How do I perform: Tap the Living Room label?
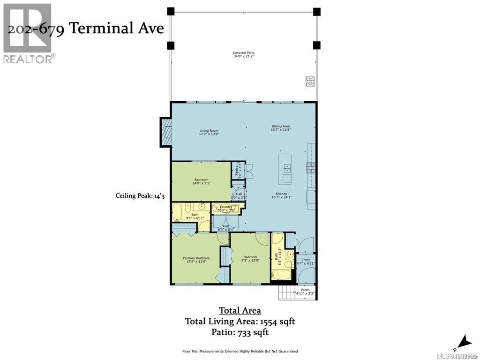pyautogui.click(x=209, y=132)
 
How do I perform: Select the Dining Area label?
pyautogui.click(x=280, y=127)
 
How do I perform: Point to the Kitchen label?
pyautogui.click(x=281, y=195)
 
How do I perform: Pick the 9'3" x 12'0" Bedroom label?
pyautogui.click(x=250, y=259)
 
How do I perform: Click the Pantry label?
pyautogui.click(x=238, y=169)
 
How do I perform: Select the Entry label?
pyautogui.click(x=306, y=262)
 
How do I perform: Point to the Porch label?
pyautogui.click(x=305, y=292)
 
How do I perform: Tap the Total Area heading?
pyautogui.click(x=240, y=310)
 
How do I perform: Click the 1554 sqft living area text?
pyautogui.click(x=240, y=322)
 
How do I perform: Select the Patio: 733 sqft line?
pyautogui.click(x=240, y=333)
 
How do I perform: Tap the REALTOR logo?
pyautogui.click(x=28, y=33)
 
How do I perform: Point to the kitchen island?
pyautogui.click(x=285, y=169)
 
